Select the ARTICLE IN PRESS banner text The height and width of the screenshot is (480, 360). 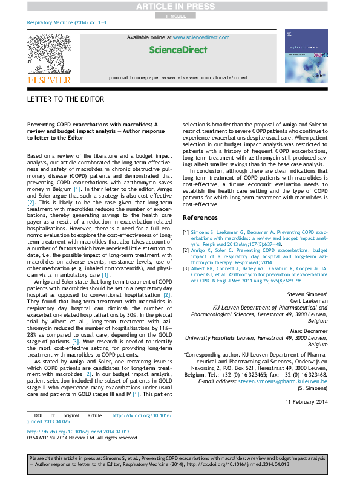point(180,6)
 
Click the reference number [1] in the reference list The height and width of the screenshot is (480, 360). point(186,232)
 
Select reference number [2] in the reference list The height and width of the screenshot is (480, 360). point(186,248)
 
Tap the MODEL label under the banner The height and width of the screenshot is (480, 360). point(180,16)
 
